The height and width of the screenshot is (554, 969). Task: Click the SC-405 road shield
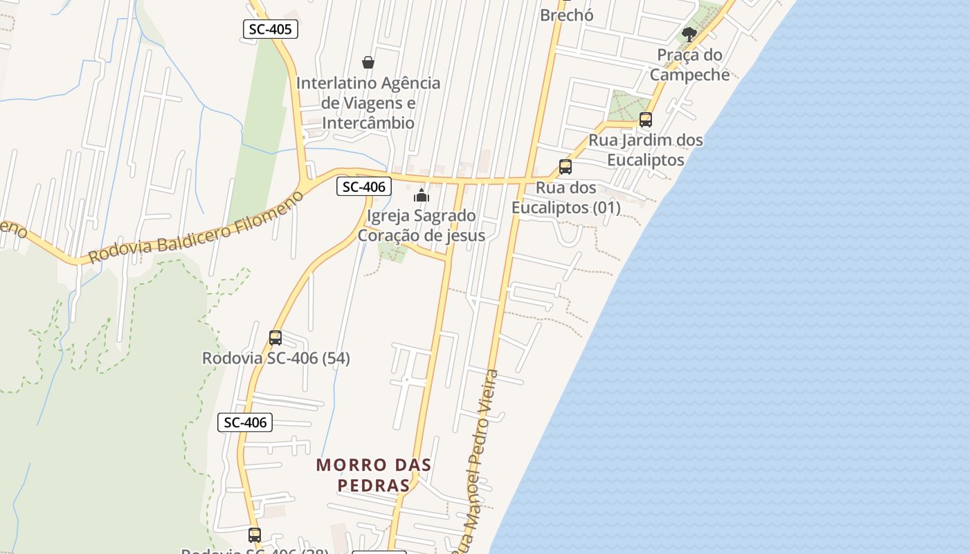click(x=271, y=29)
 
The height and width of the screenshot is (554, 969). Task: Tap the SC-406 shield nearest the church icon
click(x=364, y=186)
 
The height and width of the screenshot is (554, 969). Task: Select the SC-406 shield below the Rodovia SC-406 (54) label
click(x=245, y=422)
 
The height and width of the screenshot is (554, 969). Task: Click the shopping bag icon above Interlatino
click(x=368, y=62)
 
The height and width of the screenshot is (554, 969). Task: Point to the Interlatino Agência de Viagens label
click(x=368, y=102)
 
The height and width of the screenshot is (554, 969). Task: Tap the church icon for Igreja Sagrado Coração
click(x=422, y=195)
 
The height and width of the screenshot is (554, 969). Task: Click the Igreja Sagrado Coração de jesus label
click(x=421, y=226)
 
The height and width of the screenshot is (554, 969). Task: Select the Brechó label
click(x=566, y=15)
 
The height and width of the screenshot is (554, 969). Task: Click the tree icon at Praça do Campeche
click(x=689, y=34)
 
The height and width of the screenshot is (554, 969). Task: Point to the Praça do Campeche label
click(x=689, y=64)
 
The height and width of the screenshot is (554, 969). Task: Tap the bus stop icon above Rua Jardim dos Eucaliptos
click(x=646, y=120)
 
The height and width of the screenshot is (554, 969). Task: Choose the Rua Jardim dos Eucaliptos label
click(x=645, y=150)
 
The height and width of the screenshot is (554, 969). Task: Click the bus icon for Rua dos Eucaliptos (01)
click(x=565, y=167)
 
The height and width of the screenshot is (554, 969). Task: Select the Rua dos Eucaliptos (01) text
click(x=565, y=197)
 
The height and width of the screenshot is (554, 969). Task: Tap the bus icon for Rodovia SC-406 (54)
click(x=275, y=338)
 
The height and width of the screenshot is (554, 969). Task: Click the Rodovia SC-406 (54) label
click(x=275, y=358)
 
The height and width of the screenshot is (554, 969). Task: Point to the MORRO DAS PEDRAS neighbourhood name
click(x=374, y=474)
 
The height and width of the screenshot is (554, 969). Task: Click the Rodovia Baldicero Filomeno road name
click(x=196, y=227)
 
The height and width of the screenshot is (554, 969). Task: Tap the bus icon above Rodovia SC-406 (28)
click(x=255, y=535)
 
